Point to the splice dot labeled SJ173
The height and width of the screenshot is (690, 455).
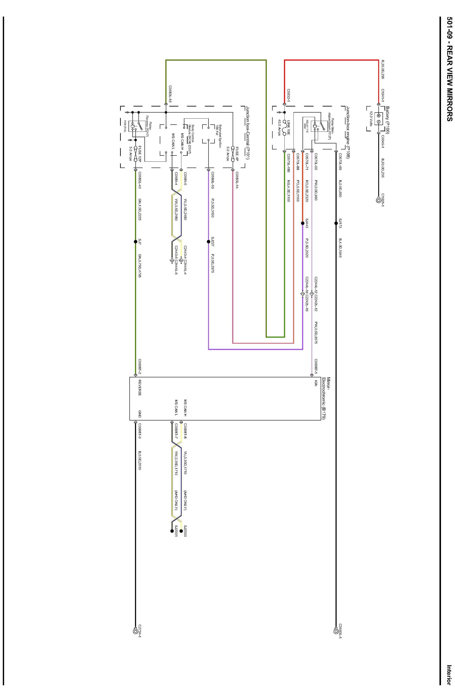point(336,223)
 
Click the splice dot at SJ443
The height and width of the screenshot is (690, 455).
point(303,223)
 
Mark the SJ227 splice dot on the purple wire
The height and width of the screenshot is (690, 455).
point(208,242)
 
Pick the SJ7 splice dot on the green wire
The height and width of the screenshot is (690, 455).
point(135,242)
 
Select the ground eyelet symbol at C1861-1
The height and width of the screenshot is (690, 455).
point(378,200)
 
